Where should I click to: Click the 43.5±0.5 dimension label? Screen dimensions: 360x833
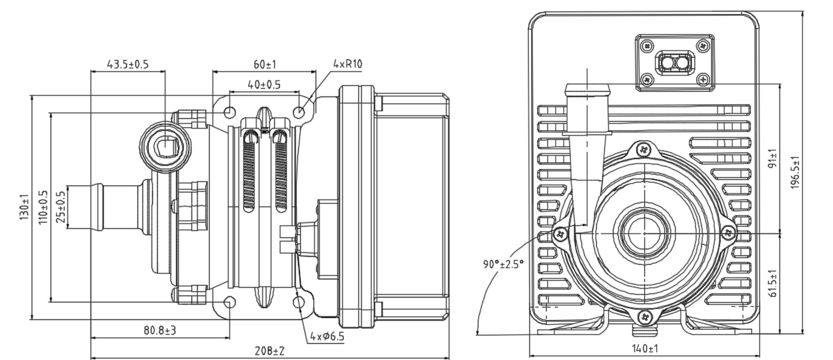tap(128, 64)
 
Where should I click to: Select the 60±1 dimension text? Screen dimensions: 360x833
tap(265, 64)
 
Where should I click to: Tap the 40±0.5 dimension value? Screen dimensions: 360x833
tap(264, 85)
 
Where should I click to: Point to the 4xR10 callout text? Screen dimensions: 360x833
tap(348, 64)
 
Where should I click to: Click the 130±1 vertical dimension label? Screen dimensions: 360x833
tap(25, 207)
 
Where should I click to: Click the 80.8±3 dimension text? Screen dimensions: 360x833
tap(160, 330)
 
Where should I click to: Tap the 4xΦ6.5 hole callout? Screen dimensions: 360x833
tap(327, 336)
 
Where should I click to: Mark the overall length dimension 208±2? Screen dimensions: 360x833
tap(270, 351)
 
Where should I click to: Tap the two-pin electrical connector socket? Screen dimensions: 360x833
tap(675, 63)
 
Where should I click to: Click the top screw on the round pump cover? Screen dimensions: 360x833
tap(644, 149)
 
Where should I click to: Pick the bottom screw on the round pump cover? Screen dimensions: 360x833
tap(644, 317)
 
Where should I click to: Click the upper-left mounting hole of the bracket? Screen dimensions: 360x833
tap(230, 112)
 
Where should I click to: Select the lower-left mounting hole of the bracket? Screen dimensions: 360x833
tap(230, 302)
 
